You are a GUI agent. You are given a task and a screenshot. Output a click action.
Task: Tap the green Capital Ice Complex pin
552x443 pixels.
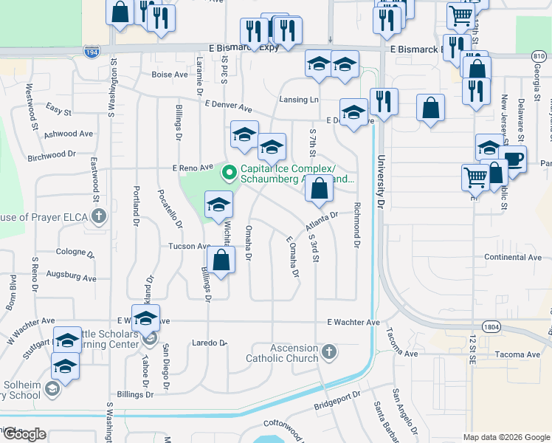point(230,173)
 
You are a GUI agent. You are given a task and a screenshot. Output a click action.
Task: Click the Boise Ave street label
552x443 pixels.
point(170,75)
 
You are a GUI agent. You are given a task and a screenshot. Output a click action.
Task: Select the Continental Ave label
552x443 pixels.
point(513,257)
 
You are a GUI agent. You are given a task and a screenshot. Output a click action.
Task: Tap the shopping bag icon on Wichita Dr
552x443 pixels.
point(221,260)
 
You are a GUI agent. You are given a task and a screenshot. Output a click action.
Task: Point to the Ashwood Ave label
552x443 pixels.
point(69,134)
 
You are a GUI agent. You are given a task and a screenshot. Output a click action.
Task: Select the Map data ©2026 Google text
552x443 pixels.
point(507,437)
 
